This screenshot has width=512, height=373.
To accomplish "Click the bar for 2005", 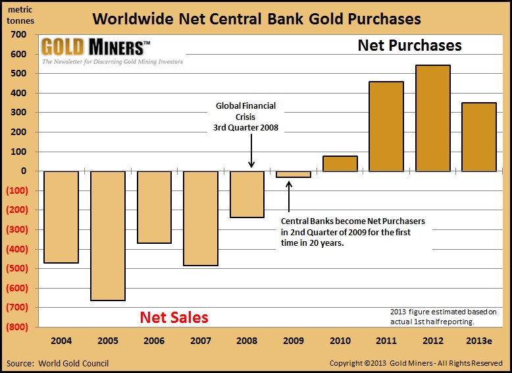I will [107, 235].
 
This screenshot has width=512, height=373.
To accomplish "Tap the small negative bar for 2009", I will [294, 174].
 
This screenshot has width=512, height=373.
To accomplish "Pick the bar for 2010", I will [340, 163].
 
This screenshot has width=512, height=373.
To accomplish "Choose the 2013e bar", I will [478, 136].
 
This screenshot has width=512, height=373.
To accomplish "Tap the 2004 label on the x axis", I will [61, 341].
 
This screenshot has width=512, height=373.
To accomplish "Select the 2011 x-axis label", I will [386, 341].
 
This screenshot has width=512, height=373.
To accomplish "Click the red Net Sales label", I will [174, 318].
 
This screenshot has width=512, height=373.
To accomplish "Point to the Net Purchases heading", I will [409, 45].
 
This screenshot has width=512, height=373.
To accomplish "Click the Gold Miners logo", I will [95, 47].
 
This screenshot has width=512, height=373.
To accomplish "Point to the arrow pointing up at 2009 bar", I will [288, 192].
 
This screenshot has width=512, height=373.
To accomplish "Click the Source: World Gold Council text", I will [58, 363].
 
